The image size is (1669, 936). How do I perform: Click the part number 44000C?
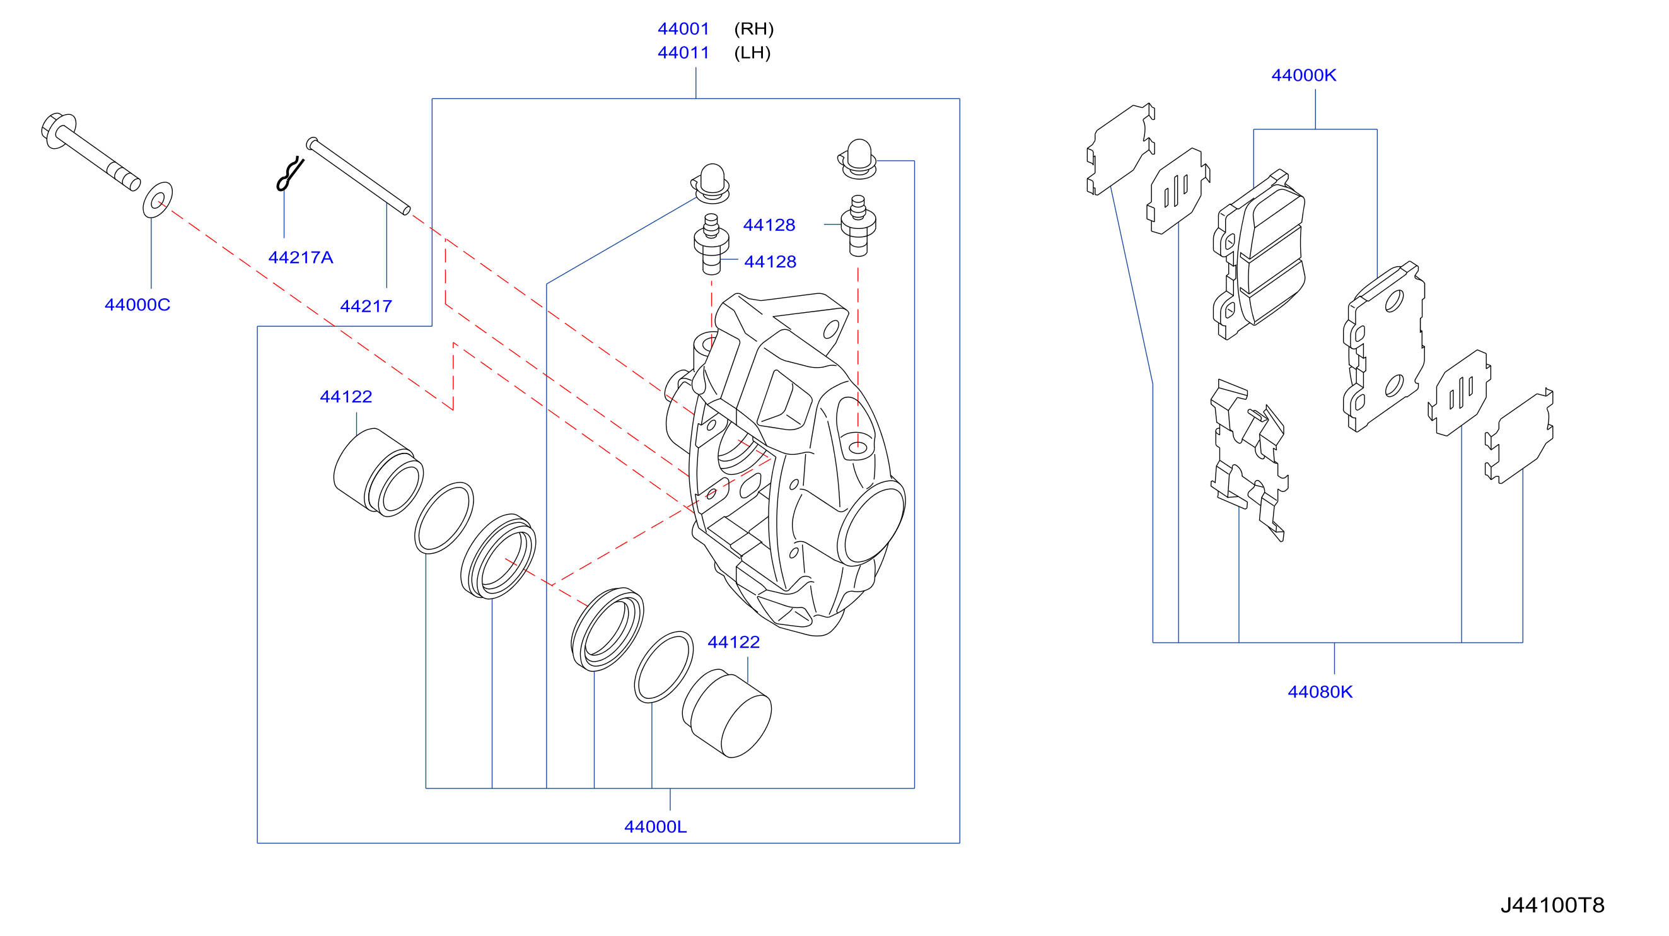[x=137, y=305]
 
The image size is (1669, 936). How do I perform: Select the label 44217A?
[x=301, y=257]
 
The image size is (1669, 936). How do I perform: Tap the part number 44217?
[x=366, y=306]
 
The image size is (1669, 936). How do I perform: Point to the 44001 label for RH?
[x=683, y=28]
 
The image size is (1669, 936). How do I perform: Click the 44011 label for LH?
[x=683, y=52]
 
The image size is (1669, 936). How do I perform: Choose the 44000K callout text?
[x=1303, y=75]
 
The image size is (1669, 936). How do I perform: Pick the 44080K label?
[x=1320, y=692]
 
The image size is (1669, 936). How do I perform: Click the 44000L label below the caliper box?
[x=655, y=826]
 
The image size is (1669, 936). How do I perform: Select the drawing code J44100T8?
[x=1552, y=905]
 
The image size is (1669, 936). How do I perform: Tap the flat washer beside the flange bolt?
[x=158, y=200]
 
